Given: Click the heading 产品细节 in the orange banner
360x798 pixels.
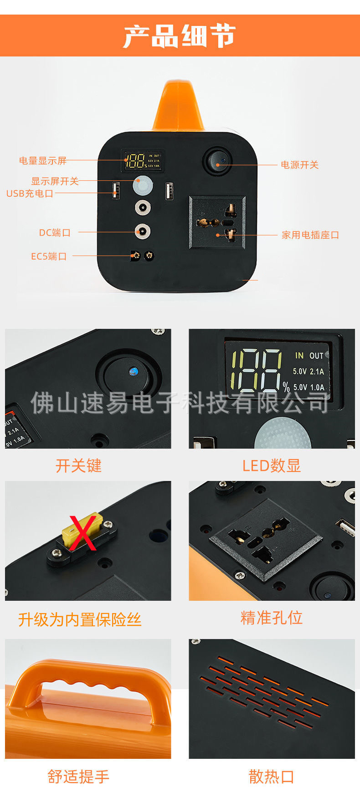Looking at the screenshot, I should point(180,36).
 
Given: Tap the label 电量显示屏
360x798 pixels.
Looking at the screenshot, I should point(43,161).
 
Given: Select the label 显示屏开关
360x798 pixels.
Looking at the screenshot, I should point(55,181).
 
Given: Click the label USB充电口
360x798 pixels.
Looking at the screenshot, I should point(30,194).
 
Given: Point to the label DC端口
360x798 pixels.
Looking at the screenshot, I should point(55,233).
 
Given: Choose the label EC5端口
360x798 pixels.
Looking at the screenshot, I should point(49,256).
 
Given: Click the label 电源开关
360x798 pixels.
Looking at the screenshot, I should point(299,165).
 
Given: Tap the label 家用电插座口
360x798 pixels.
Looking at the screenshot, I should point(310,235).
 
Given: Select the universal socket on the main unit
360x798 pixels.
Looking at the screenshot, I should point(217,223).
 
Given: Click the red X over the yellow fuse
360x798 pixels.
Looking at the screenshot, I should point(82,532).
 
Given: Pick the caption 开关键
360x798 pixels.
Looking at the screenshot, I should point(78,466).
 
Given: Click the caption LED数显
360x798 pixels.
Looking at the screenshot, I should point(272,466).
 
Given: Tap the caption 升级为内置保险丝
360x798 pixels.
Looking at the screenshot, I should point(80,620).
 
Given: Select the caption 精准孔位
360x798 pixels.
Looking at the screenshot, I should point(272,618).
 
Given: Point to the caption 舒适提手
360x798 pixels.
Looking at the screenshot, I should point(78,777).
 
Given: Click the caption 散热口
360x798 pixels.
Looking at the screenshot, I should point(272,777).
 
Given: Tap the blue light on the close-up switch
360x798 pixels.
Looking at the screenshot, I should point(133,372).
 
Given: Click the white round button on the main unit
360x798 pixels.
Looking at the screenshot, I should point(143,185).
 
